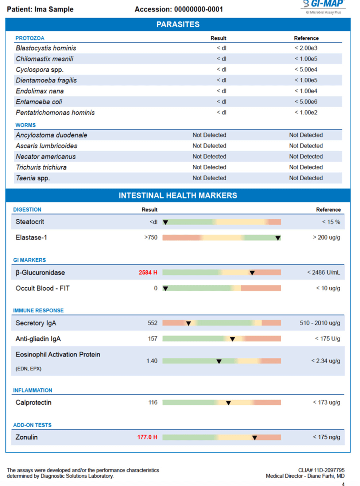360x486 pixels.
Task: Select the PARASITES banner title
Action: click(178, 24)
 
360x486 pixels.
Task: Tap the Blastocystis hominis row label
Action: click(46, 48)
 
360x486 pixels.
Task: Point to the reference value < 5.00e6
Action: click(306, 102)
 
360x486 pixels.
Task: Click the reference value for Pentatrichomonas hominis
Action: click(306, 112)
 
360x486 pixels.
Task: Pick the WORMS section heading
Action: click(26, 125)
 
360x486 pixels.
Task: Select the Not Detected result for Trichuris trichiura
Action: click(209, 167)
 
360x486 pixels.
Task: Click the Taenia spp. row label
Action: click(33, 178)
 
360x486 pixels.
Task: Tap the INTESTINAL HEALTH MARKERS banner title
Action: click(178, 196)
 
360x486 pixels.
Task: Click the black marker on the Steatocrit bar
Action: click(166, 222)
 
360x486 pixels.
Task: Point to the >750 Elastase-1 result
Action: click(151, 238)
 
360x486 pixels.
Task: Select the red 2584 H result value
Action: click(148, 273)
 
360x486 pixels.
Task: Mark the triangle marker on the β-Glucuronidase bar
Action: click(252, 273)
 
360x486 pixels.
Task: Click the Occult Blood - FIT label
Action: click(43, 288)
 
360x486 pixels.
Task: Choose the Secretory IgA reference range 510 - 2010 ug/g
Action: click(320, 323)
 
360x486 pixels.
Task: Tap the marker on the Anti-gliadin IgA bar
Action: click(232, 339)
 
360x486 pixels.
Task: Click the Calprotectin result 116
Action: click(153, 402)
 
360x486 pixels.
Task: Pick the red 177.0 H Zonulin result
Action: click(147, 437)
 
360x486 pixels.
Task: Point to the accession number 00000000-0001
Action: click(198, 9)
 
